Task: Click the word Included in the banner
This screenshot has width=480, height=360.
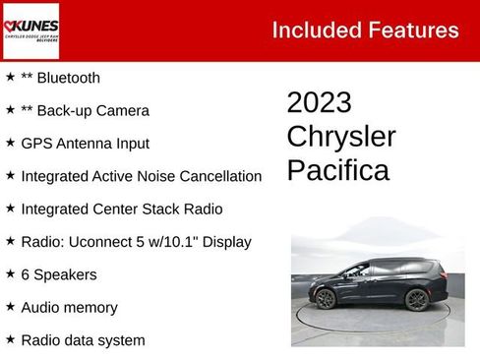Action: click(x=316, y=30)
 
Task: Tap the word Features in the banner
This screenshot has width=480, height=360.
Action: click(x=412, y=30)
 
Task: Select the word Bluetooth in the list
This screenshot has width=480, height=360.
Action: click(x=67, y=78)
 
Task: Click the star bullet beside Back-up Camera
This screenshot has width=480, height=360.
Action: click(x=10, y=110)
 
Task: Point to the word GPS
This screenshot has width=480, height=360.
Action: click(x=35, y=144)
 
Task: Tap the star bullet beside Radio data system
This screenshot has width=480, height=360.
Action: click(x=10, y=340)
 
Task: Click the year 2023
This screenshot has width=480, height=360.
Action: click(x=319, y=103)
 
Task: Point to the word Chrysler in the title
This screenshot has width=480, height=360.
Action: click(x=340, y=137)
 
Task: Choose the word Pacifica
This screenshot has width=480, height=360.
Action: click(x=337, y=170)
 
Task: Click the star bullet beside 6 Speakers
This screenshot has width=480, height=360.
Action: click(x=10, y=274)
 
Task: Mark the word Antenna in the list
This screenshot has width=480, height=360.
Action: click(x=87, y=144)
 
